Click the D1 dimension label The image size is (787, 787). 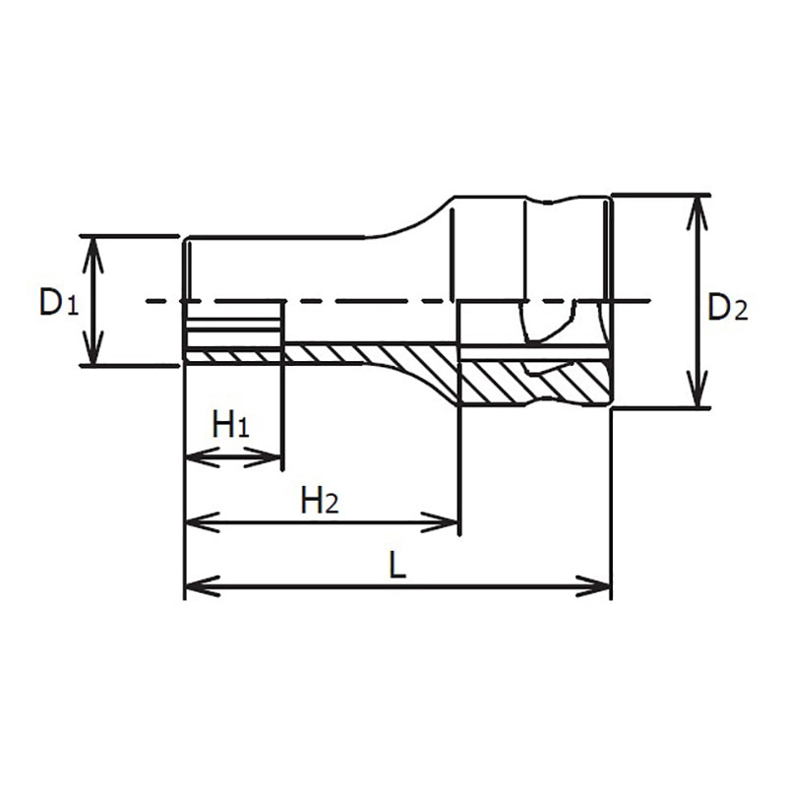(x=57, y=302)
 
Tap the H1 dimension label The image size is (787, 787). (x=232, y=426)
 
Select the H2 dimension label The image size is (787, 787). (x=320, y=502)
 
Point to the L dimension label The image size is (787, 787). (x=397, y=565)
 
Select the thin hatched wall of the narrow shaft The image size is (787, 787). (x=364, y=353)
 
